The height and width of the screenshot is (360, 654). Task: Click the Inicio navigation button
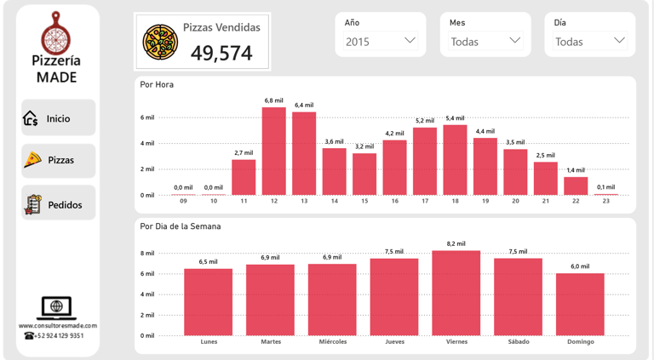[x=58, y=118]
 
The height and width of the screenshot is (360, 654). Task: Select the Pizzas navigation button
[x=58, y=160]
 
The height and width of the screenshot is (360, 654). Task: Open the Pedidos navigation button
[x=58, y=204]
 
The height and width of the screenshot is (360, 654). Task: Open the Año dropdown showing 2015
[x=380, y=41]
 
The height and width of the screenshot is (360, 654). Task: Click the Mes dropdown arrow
[x=514, y=41]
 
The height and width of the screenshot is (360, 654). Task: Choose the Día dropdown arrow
[x=619, y=41]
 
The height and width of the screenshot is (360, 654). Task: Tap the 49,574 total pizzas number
[x=221, y=53]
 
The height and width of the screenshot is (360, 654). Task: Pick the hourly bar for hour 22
[x=576, y=186]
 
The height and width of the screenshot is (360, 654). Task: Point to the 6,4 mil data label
[x=304, y=106]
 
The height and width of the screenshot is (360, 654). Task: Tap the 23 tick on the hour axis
[x=605, y=201]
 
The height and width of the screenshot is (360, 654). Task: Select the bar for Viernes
[x=456, y=293]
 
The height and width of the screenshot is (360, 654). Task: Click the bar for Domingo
[x=580, y=304]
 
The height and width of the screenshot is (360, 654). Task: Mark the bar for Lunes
[x=209, y=301]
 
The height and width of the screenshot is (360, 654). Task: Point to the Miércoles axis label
[x=332, y=341]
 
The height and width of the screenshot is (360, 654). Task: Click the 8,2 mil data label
[x=456, y=243]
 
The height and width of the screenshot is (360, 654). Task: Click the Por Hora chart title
[x=157, y=84]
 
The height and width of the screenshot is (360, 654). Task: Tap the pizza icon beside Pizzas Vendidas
[x=160, y=41]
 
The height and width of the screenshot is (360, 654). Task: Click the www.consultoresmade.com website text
[x=58, y=325]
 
